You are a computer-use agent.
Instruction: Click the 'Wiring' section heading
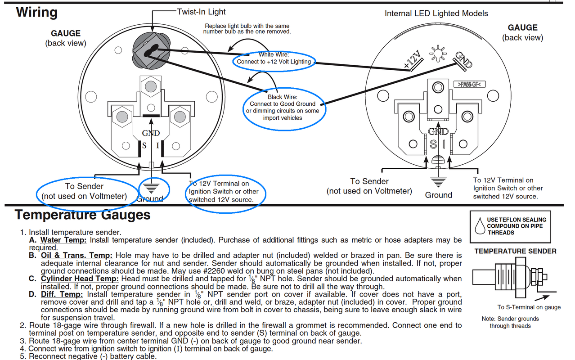pyautogui.click(x=37, y=12)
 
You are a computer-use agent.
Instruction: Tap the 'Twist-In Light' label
pyautogui.click(x=201, y=12)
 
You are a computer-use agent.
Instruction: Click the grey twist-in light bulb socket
pyautogui.click(x=152, y=50)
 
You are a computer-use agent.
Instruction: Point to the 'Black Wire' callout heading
pyautogui.click(x=283, y=97)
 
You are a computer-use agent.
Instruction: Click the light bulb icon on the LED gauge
pyautogui.click(x=438, y=54)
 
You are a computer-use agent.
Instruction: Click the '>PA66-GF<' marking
pyautogui.click(x=469, y=84)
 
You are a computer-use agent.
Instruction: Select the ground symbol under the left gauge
pyautogui.click(x=151, y=189)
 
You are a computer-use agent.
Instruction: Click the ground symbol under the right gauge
pyautogui.click(x=438, y=182)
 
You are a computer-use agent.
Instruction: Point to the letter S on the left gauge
pyautogui.click(x=144, y=146)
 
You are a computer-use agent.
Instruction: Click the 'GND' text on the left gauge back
pyautogui.click(x=151, y=133)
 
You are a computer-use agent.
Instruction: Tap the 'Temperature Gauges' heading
pyautogui.click(x=83, y=215)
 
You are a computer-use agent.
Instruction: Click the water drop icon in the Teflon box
pyautogui.click(x=480, y=226)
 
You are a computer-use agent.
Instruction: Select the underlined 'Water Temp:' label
pyautogui.click(x=63, y=240)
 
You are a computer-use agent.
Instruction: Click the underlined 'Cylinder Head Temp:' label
pyautogui.click(x=80, y=279)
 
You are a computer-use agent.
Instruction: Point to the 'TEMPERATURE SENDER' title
pyautogui.click(x=515, y=251)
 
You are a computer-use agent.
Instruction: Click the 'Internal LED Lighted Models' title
pyautogui.click(x=436, y=13)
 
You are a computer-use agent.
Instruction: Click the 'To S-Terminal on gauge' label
pyautogui.click(x=529, y=307)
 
